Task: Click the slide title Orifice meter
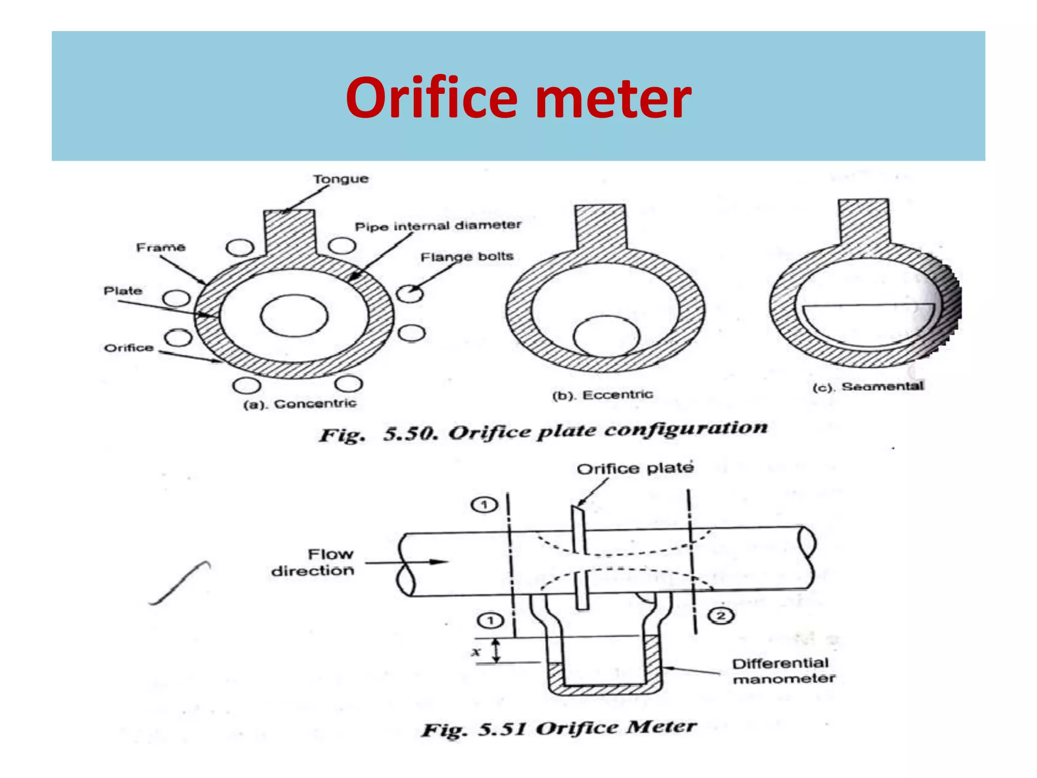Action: pos(518,97)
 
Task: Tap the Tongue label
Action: pos(340,179)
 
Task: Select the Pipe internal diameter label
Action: pos(437,225)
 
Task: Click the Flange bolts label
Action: pos(467,257)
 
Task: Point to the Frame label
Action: pos(161,247)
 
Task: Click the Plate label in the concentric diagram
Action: pos(123,291)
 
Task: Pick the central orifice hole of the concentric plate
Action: pos(294,316)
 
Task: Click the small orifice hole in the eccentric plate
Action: pos(606,336)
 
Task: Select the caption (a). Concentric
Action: pos(300,404)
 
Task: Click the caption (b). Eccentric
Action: pos(603,395)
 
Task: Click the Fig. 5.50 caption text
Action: pos(543,432)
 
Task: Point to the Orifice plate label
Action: pos(635,468)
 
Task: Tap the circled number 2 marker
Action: pos(721,616)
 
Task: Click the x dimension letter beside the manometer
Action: pos(475,652)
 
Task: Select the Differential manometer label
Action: pos(783,671)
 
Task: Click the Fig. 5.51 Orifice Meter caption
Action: pos(559,728)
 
